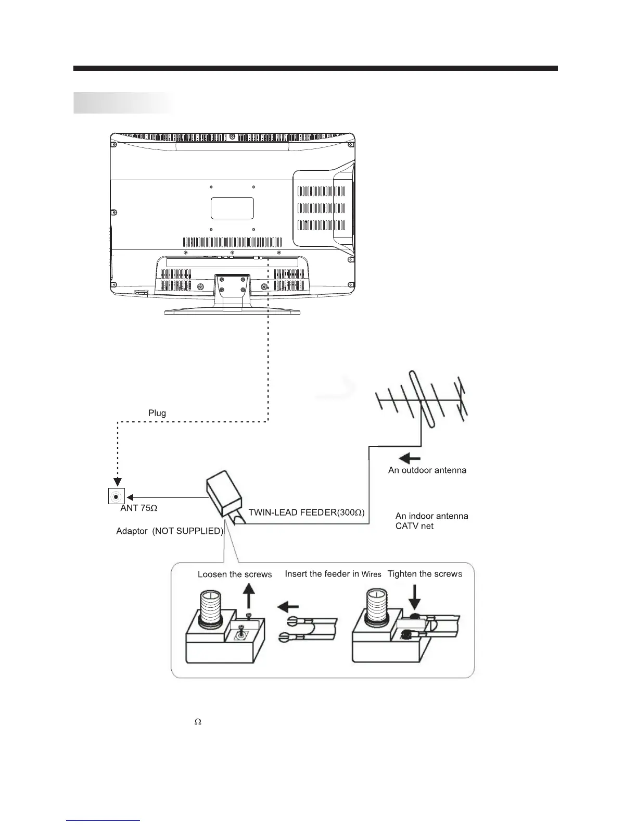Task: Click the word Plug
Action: pyautogui.click(x=157, y=413)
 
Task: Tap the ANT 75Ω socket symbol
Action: pyautogui.click(x=116, y=496)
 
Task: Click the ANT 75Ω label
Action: pyautogui.click(x=138, y=508)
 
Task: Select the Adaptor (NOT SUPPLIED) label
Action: pyautogui.click(x=170, y=531)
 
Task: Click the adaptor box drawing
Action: pyautogui.click(x=224, y=493)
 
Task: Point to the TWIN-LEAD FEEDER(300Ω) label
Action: pyautogui.click(x=307, y=512)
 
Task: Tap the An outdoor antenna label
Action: pyautogui.click(x=427, y=470)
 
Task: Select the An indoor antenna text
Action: pyautogui.click(x=431, y=516)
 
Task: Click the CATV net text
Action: pyautogui.click(x=414, y=526)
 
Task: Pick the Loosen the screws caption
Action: pyautogui.click(x=235, y=574)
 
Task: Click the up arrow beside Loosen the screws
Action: pyautogui.click(x=250, y=595)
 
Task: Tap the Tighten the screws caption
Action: pyautogui.click(x=425, y=574)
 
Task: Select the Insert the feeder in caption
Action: pyautogui.click(x=322, y=574)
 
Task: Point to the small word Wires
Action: pyautogui.click(x=371, y=574)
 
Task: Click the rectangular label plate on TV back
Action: pyautogui.click(x=232, y=208)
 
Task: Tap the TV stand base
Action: pyautogui.click(x=232, y=311)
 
